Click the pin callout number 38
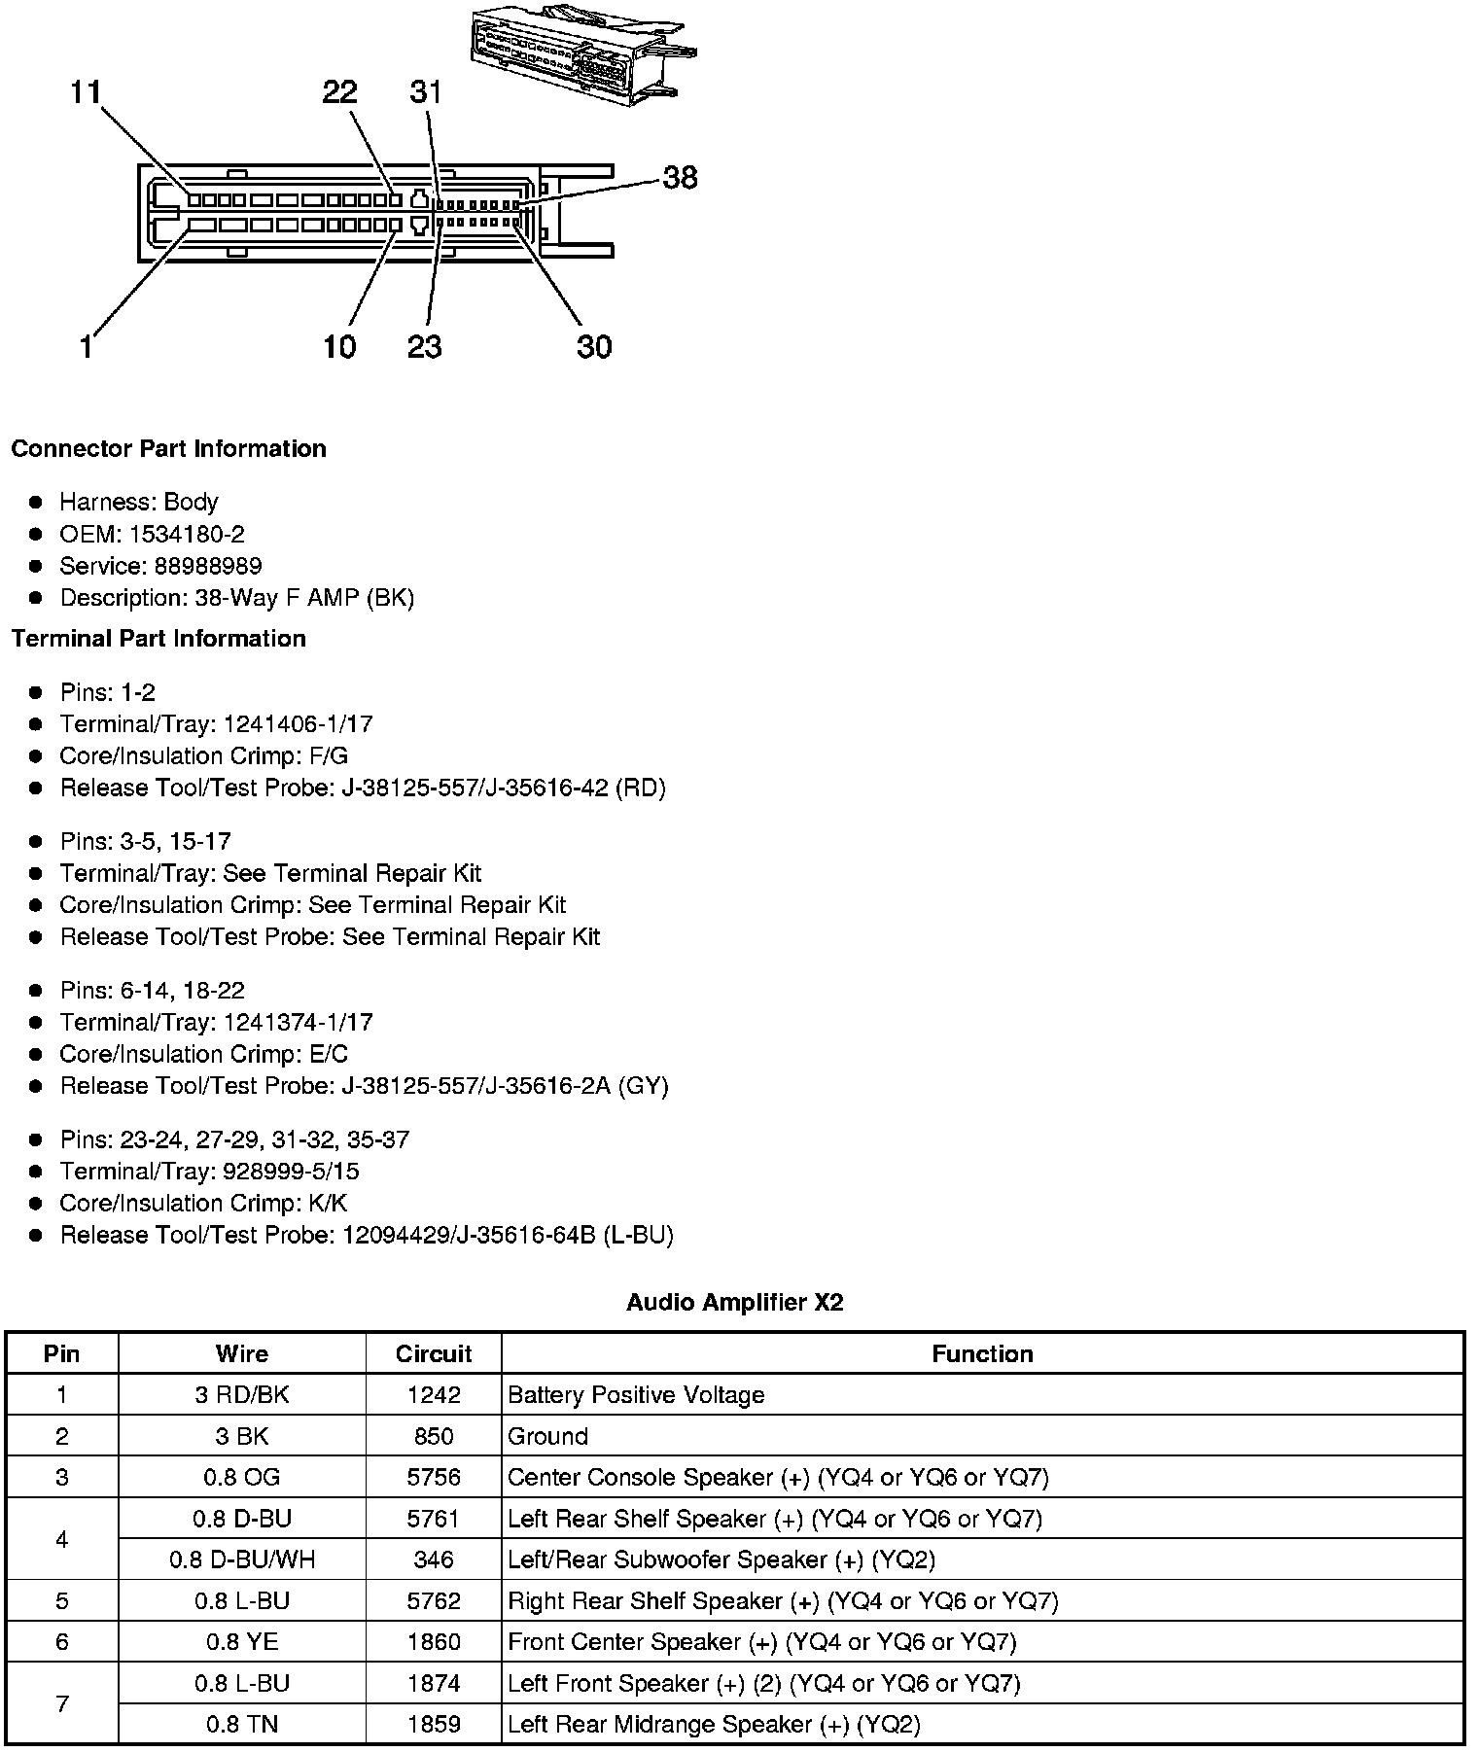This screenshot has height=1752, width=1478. click(680, 177)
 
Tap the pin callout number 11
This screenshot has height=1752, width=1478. click(86, 92)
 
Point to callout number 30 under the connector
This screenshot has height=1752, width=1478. click(594, 347)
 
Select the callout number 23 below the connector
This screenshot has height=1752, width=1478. click(425, 347)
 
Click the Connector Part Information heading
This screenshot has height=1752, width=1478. click(168, 448)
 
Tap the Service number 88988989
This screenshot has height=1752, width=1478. click(207, 566)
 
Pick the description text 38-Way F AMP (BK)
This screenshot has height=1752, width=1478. click(304, 598)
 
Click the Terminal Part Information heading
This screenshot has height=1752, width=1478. click(158, 638)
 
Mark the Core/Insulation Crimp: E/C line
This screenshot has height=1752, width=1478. click(203, 1054)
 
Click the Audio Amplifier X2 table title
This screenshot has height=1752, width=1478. click(734, 1302)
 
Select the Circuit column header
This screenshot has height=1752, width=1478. click(434, 1353)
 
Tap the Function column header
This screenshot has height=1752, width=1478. click(982, 1353)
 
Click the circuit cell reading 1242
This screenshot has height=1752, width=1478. click(434, 1395)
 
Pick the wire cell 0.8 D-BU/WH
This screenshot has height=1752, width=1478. click(242, 1559)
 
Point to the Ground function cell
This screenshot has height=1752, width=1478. click(548, 1436)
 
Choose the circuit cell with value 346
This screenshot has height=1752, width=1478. click(434, 1559)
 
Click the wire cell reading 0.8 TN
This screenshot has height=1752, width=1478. click(242, 1724)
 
